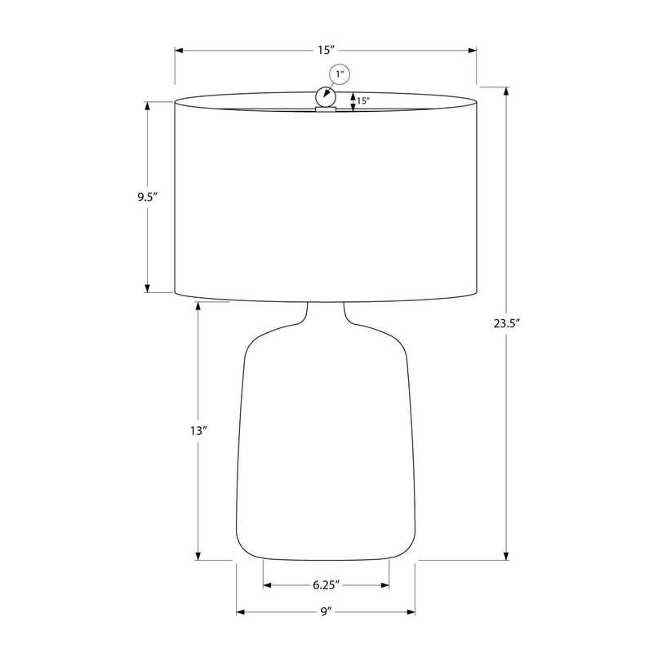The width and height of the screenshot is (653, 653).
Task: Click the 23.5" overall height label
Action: (507, 323)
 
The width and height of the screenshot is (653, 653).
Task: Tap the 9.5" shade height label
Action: (148, 197)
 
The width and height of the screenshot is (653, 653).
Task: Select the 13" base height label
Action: (198, 431)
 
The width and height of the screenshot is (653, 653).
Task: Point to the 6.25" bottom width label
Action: (326, 585)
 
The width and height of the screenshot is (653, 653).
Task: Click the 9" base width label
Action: (326, 611)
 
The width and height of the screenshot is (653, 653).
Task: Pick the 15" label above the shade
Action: (326, 50)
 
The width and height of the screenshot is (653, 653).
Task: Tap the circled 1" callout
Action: (340, 74)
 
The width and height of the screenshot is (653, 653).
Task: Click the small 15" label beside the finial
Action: (362, 100)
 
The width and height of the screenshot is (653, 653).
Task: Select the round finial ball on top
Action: (325, 97)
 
